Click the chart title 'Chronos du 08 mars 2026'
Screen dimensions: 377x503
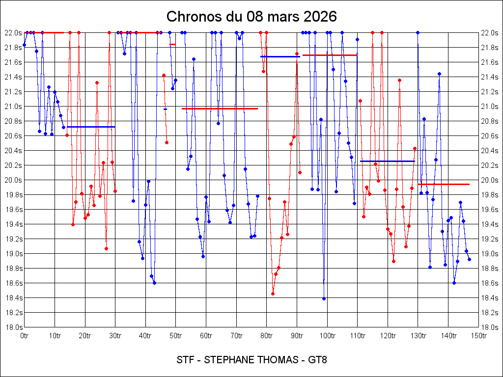[x=251, y=16]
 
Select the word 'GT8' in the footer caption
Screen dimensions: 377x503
[x=317, y=360]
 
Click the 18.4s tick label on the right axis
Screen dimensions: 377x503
[x=489, y=298]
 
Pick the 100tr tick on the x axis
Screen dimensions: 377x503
[x=327, y=336]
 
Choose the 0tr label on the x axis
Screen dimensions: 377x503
[x=24, y=336]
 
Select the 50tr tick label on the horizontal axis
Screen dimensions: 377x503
[x=176, y=336]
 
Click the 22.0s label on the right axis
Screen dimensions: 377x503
[x=489, y=33]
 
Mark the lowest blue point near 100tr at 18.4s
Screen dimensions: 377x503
[x=324, y=298]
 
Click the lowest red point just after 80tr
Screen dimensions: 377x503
[x=273, y=294]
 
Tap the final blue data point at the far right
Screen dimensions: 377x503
[x=469, y=259]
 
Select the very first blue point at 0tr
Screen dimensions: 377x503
[x=24, y=45]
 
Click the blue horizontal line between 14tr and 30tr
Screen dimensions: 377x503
[x=91, y=127]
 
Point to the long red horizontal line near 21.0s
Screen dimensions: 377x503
[x=220, y=108]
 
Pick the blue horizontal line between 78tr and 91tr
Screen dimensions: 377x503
[x=280, y=56]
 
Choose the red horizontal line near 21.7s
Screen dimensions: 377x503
[x=330, y=55]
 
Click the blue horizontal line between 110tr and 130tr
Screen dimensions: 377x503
[x=388, y=161]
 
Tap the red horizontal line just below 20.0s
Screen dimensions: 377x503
[x=444, y=184]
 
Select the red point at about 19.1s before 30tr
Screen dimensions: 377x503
[x=106, y=248]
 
